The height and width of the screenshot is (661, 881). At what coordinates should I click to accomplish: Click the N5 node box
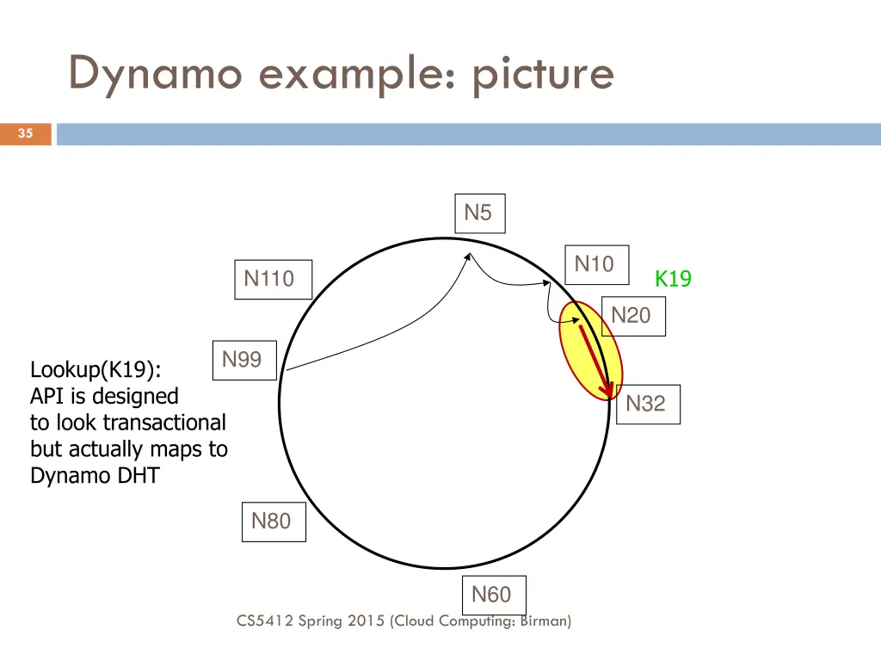[479, 213]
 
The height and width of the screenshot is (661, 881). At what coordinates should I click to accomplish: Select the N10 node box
[595, 264]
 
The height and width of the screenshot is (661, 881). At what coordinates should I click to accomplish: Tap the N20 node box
[632, 316]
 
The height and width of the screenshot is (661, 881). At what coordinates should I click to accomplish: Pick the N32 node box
[647, 404]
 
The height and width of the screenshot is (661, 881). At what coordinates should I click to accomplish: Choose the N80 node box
[273, 522]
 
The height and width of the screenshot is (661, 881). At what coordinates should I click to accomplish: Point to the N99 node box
[243, 360]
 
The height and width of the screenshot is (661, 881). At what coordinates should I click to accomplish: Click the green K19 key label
[673, 279]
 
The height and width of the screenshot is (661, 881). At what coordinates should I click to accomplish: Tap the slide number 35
[26, 133]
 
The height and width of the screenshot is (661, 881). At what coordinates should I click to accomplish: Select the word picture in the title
[542, 74]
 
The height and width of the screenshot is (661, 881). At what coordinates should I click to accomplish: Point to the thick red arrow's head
[609, 391]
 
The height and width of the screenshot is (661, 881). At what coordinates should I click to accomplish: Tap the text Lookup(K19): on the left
[95, 370]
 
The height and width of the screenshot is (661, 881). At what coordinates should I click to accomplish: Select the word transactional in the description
[163, 423]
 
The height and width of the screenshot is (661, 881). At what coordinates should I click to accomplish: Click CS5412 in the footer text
[265, 621]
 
